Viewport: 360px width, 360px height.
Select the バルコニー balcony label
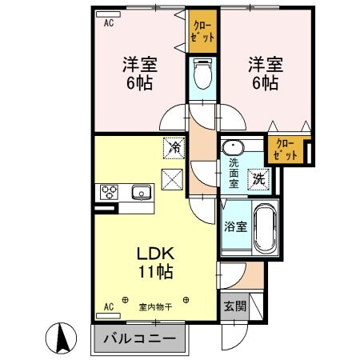pyautogui.click(x=139, y=338)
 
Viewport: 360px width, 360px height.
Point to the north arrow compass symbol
pyautogui.click(x=60, y=337)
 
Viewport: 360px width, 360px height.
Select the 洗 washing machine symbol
pyautogui.click(x=260, y=179)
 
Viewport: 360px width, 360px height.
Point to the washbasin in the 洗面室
pyautogui.click(x=233, y=150)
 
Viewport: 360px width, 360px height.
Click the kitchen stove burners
pyautogui.click(x=108, y=192)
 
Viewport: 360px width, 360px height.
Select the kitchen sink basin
pyautogui.click(x=142, y=192)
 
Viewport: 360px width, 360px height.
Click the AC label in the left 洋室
pyautogui.click(x=108, y=23)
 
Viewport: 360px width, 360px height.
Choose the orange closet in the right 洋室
pyautogui.click(x=285, y=148)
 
